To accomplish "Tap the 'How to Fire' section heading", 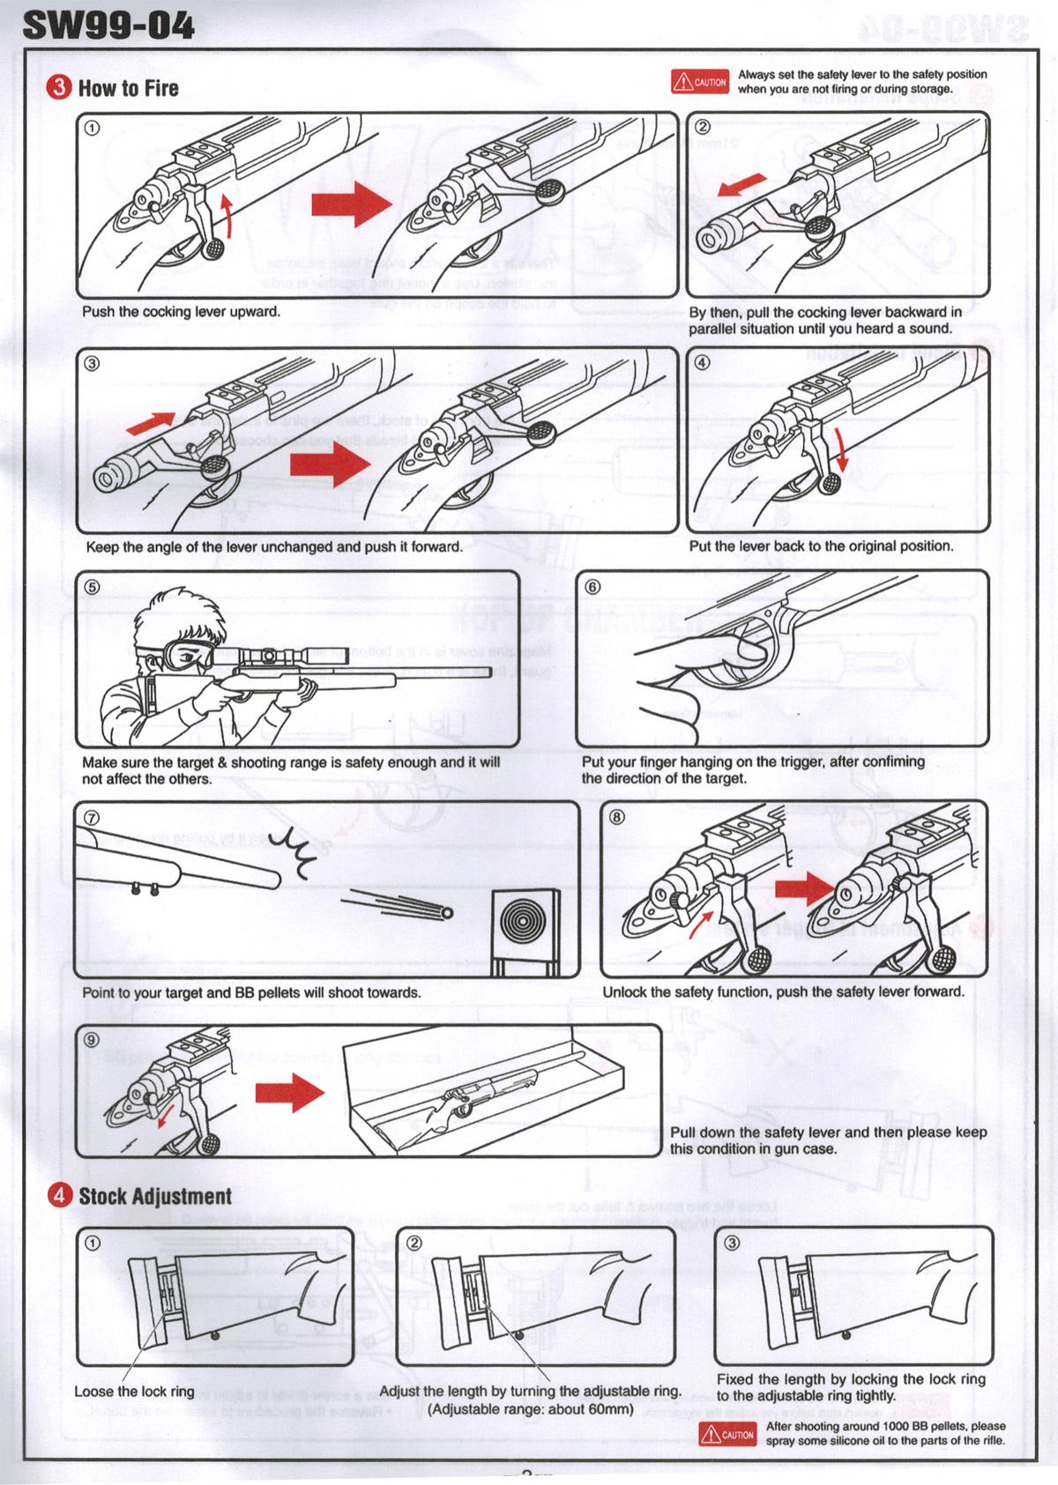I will pos(128,88).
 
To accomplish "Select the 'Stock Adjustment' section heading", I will pos(155,1196).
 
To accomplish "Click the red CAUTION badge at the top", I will pos(699,82).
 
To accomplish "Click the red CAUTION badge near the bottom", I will pos(727,1434).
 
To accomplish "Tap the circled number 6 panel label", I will pos(592,586).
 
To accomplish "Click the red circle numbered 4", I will pos(59,1196).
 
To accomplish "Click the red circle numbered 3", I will pos(59,88).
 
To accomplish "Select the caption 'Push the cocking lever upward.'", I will pos(181,312).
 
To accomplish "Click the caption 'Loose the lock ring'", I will pos(134,1392).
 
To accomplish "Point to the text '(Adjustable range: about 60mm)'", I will pos(531,1409).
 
